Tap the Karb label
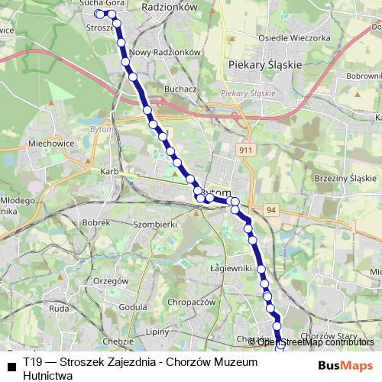[x=108, y=172]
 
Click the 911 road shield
[x=244, y=151]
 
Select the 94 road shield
[x=272, y=209]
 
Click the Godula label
[x=133, y=306]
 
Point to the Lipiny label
[x=158, y=332]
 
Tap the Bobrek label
[x=97, y=222]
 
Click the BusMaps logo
[x=346, y=364]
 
